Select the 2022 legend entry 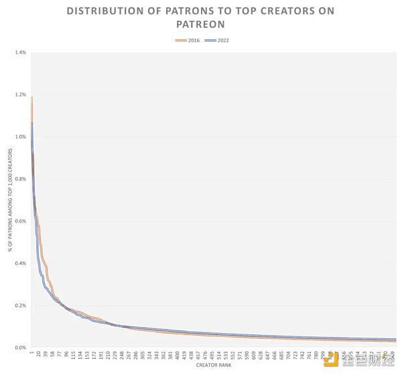(216, 41)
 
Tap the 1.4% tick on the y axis (20, 52)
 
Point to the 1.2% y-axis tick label (20, 95)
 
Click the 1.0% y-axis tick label (20, 137)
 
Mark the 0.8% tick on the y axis (20, 179)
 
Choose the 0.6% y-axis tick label (20, 221)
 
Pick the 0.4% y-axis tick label (20, 263)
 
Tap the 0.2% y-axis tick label (20, 306)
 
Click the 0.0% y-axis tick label (20, 348)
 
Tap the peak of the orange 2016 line (31, 98)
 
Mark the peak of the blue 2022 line (31, 123)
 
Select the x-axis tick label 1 (31, 353)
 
